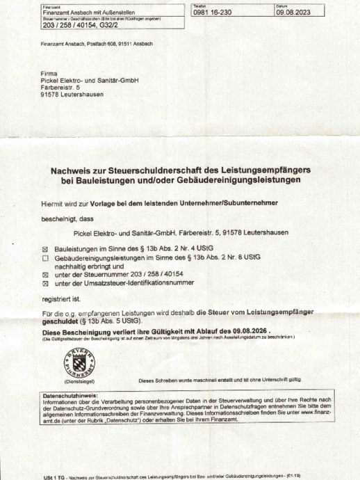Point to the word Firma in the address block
click(49, 74)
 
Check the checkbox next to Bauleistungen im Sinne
click(46, 248)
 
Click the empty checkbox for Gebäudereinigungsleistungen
click(46, 257)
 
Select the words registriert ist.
click(57, 300)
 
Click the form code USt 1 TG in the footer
click(54, 477)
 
